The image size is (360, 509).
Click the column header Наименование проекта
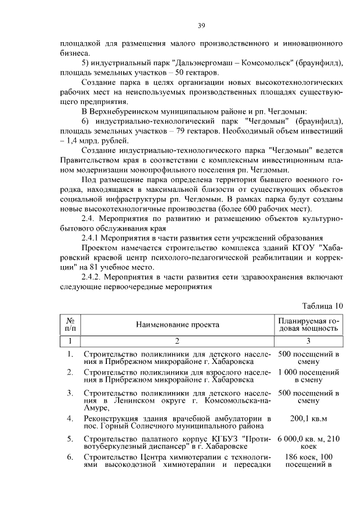pos(177,325)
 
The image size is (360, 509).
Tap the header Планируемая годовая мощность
pos(309,325)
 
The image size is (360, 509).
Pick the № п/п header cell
pos(70,325)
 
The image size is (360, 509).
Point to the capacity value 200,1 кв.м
pos(309,419)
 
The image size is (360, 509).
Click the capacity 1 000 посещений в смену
pos(309,376)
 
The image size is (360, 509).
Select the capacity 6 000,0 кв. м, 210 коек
pos(309,441)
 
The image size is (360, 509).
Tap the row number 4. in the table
pos(70,419)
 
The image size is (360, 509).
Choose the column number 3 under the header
pos(309,341)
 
